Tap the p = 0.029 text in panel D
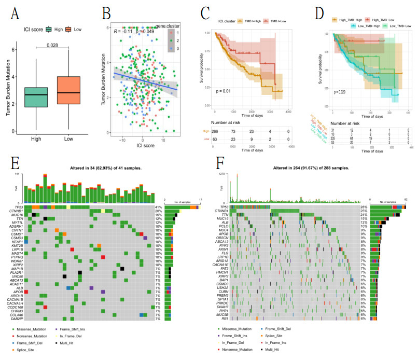click(x=340, y=92)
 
